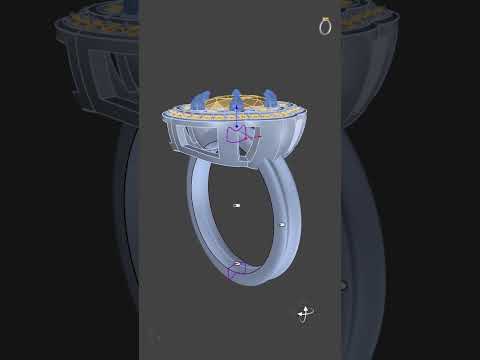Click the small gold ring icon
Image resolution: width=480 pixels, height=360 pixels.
[x=325, y=27]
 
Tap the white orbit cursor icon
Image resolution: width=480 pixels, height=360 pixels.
[x=305, y=314]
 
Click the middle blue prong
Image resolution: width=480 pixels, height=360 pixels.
[x=236, y=98]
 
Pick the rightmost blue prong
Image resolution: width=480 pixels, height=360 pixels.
[x=270, y=99]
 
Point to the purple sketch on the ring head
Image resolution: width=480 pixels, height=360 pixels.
[x=238, y=134]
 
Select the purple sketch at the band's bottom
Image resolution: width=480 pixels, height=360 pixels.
[x=236, y=270]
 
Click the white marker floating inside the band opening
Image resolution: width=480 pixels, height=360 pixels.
[x=237, y=205]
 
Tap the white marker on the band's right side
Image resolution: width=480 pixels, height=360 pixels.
[x=282, y=225]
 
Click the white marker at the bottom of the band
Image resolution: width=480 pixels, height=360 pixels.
[x=236, y=264]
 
